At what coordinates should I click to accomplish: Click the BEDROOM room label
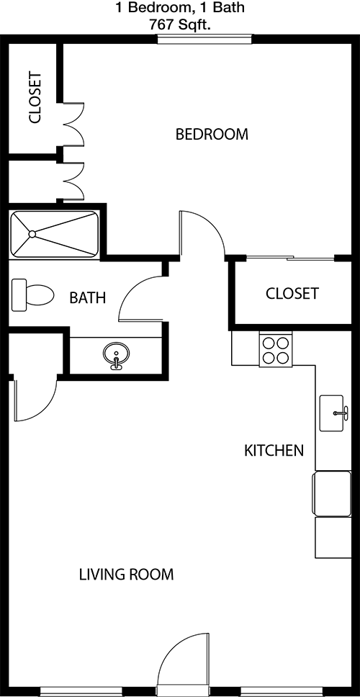point(212,134)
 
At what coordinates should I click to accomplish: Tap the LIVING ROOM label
point(126,575)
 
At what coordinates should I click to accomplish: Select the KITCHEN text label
point(274,451)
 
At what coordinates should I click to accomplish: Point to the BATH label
point(88,297)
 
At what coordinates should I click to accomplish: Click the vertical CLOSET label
point(35,98)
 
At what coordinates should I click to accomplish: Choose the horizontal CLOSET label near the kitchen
point(292,293)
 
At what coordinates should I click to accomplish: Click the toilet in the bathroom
point(32,294)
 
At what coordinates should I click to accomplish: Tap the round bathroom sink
point(117,355)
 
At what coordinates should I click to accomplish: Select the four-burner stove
point(276,351)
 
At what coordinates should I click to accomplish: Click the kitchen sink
point(332,413)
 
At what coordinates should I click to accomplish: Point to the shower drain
point(32,234)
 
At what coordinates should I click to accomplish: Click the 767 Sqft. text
point(180,26)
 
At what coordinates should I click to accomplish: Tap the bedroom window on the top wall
point(205,39)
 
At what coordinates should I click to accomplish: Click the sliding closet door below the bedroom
point(290,258)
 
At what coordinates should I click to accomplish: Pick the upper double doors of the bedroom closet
point(73,124)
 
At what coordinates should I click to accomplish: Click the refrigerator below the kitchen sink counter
point(333,493)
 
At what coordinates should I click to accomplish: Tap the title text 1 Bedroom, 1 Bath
point(180,7)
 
